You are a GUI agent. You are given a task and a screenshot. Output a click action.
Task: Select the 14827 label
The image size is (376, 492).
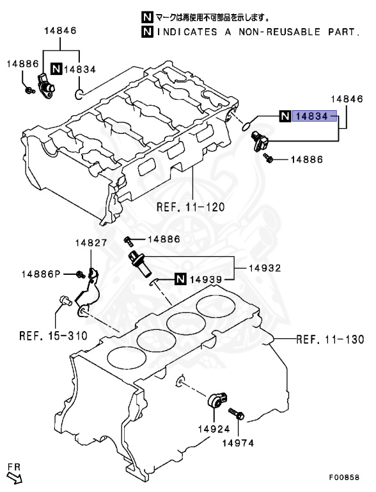coord(89,243)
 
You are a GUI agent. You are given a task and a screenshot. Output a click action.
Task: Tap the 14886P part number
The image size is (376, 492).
coord(40,274)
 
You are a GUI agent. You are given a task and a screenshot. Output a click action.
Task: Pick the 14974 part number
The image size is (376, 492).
coord(237,442)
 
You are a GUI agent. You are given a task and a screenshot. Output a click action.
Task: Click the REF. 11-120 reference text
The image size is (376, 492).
coord(191,207)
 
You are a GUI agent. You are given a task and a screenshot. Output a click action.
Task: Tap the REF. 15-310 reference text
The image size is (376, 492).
coord(54,334)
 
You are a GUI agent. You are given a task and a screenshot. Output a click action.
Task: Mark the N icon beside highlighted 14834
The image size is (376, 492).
coord(285,116)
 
